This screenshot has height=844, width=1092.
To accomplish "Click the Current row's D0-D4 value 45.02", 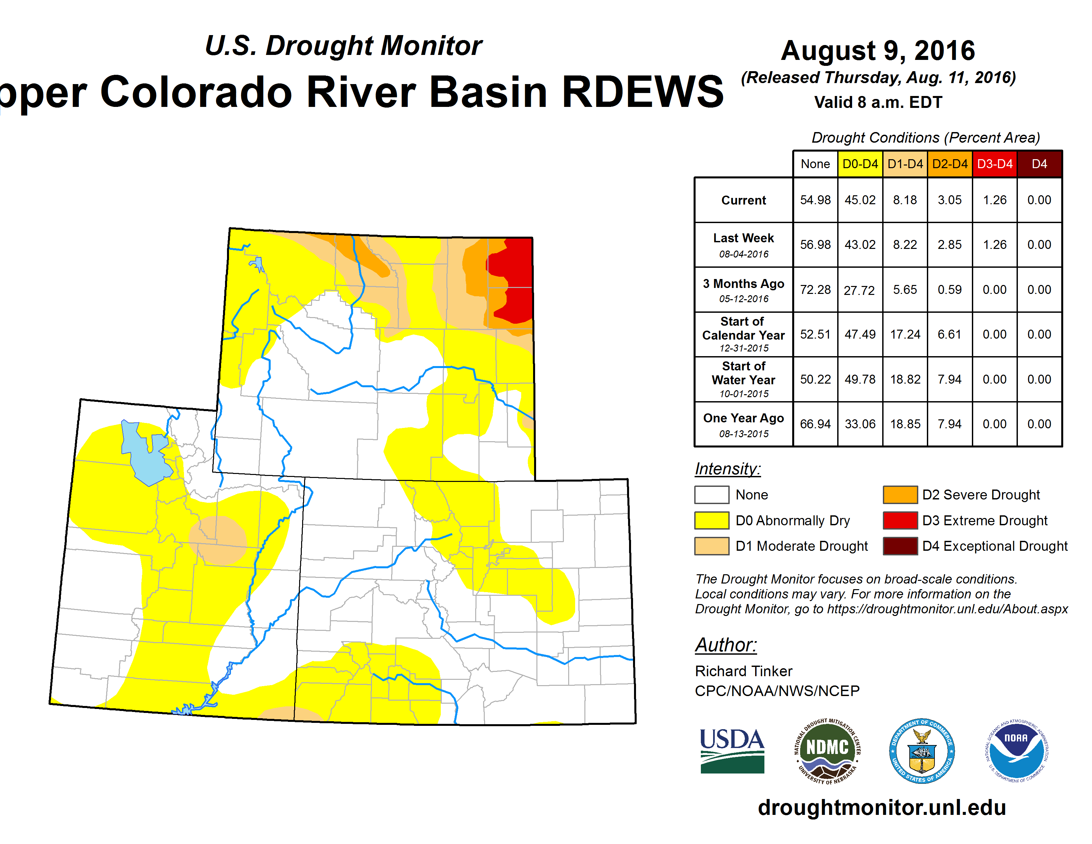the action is [x=860, y=200].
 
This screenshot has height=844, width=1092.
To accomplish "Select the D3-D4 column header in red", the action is [x=994, y=164].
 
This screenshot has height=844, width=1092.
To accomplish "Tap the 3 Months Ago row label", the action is [x=744, y=290].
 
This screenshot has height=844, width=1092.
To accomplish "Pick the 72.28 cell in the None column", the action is [x=815, y=290].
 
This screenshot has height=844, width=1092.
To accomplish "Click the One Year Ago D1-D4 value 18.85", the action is [x=905, y=424].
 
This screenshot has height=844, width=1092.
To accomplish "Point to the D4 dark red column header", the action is [x=1039, y=164].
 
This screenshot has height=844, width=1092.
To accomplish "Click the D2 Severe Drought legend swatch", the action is [x=900, y=494].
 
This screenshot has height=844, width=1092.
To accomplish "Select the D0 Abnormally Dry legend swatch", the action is [x=711, y=520].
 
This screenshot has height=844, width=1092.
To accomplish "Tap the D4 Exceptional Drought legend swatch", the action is [x=900, y=546].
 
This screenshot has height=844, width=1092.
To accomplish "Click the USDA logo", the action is [x=732, y=751].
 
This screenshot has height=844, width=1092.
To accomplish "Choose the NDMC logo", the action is [x=828, y=751].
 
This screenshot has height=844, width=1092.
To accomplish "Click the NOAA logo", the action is [x=1017, y=751].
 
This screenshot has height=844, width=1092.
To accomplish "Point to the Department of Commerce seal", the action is [x=922, y=751].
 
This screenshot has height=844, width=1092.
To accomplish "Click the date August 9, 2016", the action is [x=878, y=51].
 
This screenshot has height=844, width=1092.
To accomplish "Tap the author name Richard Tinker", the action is [x=744, y=671].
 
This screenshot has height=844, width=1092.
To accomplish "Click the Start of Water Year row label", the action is [x=744, y=380].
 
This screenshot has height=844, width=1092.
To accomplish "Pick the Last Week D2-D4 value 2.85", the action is [x=949, y=245].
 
